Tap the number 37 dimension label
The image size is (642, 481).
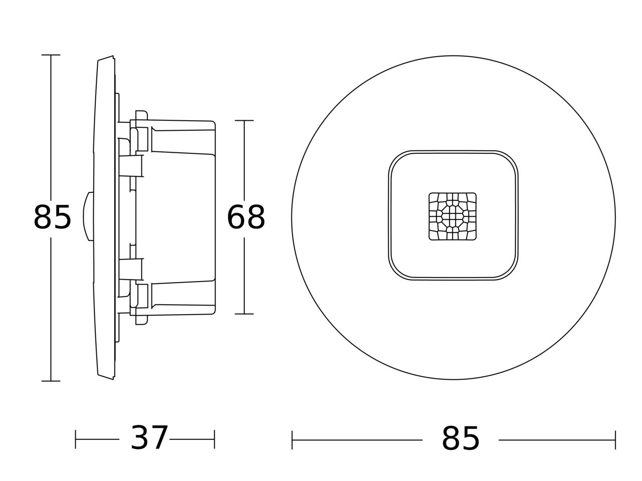point(149,438)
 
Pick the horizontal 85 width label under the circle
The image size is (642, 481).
point(460,438)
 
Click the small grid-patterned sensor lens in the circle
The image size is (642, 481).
point(452,216)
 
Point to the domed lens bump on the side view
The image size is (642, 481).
point(88,216)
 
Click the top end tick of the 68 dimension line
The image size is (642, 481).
point(244,120)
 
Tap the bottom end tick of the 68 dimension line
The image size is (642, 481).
point(244,314)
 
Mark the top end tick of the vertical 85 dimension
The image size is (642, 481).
point(51,55)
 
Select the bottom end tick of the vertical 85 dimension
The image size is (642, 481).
point(51,381)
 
